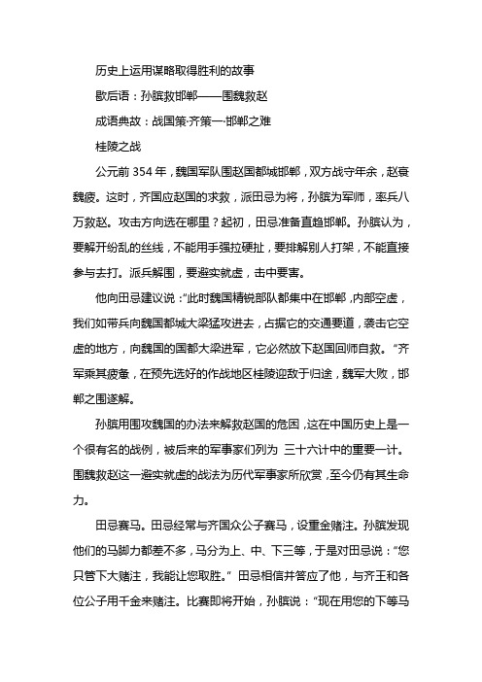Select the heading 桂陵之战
pos(110,150)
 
